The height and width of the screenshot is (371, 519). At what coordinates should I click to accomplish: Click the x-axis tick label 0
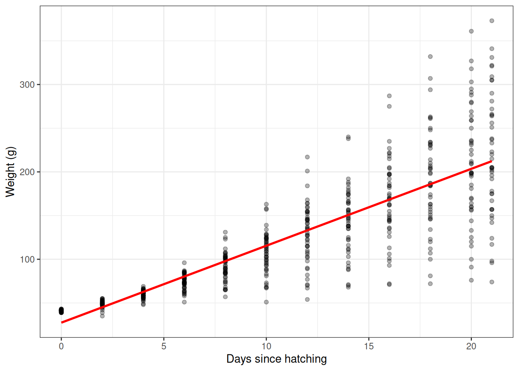coord(61,346)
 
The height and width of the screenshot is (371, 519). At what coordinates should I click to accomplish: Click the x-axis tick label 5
coord(164,346)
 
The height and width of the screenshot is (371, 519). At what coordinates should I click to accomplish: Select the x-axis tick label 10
coord(266,346)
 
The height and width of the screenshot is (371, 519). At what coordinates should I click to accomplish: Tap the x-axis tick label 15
coord(369,346)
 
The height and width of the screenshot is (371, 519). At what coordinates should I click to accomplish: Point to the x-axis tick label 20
coord(471,346)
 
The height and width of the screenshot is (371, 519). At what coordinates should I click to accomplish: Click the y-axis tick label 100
coord(27,259)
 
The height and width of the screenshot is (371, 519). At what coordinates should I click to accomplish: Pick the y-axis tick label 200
coord(27,172)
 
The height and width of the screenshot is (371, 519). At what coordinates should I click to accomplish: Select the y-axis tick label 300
coord(27,85)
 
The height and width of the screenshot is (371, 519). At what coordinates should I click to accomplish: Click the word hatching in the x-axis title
coord(305,359)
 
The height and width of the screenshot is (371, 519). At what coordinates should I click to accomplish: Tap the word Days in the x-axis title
coord(239,359)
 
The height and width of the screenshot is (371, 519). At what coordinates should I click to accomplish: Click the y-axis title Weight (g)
coord(10,172)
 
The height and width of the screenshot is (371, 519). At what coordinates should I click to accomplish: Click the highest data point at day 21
coord(492,21)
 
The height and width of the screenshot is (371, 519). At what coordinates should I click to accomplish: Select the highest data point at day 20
coord(471,31)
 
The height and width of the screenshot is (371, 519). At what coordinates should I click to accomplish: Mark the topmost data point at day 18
coord(430,56)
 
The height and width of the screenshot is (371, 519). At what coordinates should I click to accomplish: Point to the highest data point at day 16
coord(389,96)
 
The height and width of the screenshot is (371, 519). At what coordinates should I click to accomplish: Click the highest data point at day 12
coord(307,157)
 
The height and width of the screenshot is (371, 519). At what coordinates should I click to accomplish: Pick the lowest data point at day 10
coord(266,302)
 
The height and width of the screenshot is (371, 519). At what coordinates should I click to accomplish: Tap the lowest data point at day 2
coord(102,316)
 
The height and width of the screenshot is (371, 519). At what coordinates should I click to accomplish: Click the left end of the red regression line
coord(62,322)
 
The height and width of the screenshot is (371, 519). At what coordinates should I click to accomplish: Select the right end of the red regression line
coord(491,161)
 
